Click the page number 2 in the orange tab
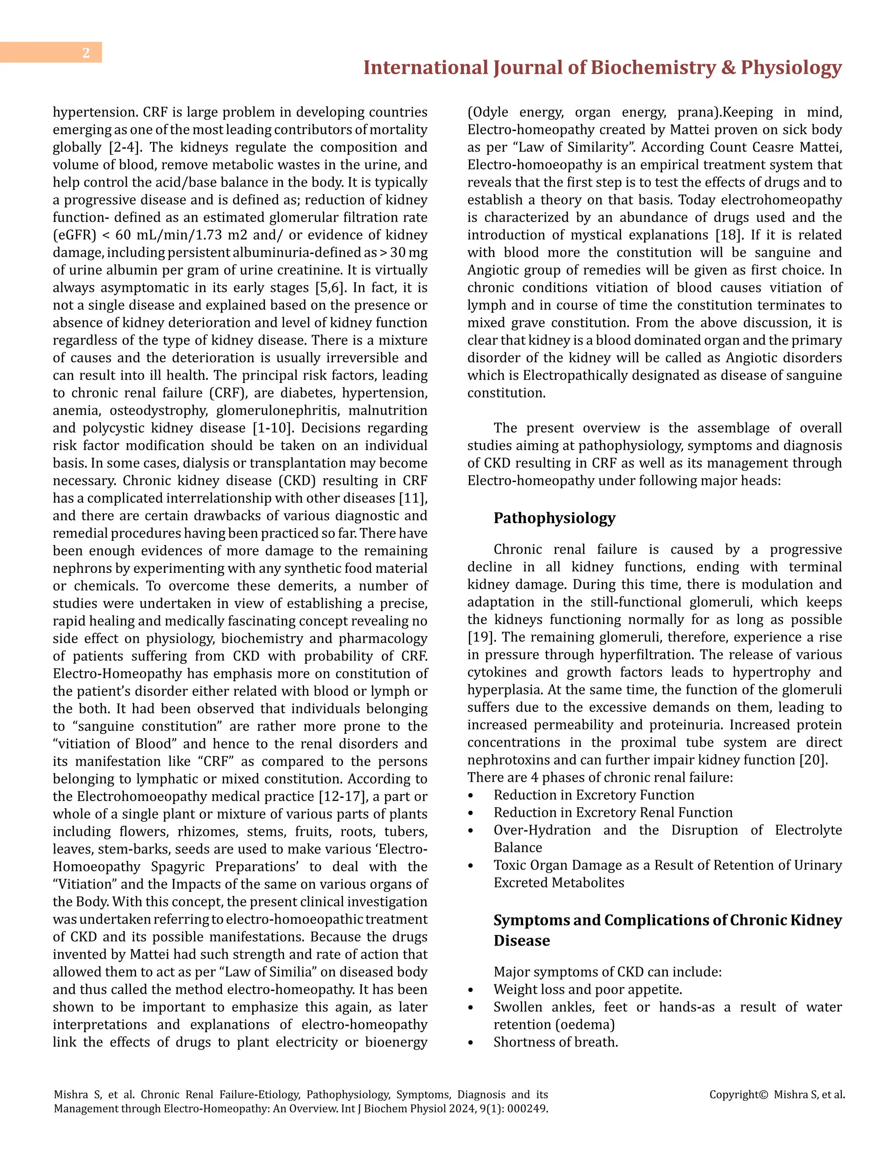pos(86,53)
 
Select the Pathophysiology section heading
pos(554,518)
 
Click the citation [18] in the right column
pos(726,235)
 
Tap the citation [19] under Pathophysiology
pos(480,637)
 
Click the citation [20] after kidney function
pos(813,760)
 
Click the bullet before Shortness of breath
pos(470,1042)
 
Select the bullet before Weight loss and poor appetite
pos(470,990)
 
